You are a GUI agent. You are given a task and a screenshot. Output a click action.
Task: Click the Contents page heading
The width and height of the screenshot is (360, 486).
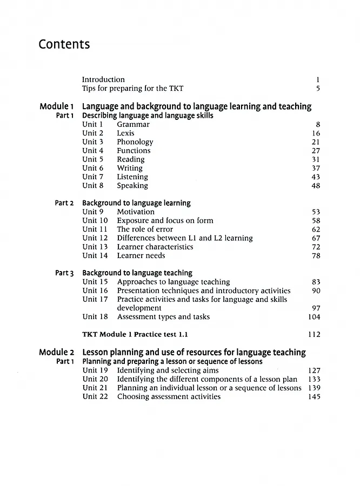(64, 44)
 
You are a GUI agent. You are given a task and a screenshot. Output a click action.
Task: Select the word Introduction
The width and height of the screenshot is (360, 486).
(103, 79)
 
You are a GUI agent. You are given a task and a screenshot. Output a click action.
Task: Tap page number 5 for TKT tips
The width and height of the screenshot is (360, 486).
(318, 88)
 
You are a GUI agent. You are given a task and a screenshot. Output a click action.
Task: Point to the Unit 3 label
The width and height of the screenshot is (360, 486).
(93, 142)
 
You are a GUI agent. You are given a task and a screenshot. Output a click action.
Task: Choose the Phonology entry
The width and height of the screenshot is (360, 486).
(135, 142)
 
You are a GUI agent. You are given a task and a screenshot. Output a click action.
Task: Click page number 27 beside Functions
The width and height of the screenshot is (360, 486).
(316, 151)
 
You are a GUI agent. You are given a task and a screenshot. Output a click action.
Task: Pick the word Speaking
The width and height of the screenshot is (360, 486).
(132, 186)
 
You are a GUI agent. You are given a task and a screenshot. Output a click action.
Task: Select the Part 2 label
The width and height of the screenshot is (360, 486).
(64, 203)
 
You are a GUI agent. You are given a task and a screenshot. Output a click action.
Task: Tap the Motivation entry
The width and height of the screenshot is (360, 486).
(136, 212)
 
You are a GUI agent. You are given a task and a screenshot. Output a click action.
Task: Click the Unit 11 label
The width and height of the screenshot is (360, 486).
(95, 230)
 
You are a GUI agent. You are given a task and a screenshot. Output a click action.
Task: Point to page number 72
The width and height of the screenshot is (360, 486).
(316, 247)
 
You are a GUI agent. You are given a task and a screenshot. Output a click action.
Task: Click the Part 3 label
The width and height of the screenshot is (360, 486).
(64, 273)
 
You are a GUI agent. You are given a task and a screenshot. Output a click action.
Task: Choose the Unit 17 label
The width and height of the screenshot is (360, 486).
(95, 299)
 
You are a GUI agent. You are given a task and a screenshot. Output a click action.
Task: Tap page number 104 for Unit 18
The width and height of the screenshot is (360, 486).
(314, 316)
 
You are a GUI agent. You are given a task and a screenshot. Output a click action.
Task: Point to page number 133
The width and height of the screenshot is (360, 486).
(314, 379)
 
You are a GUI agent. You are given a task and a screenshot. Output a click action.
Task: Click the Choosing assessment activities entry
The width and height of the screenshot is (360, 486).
(169, 396)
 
